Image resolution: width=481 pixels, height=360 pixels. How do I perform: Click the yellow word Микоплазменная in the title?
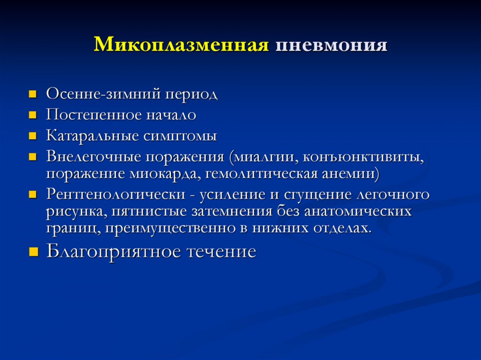coord(181,45)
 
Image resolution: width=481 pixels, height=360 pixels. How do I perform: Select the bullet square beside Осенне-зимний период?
coord(32,94)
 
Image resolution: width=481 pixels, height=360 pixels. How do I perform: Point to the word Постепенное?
coord(94,115)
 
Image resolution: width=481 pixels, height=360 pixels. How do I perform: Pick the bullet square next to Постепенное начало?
coord(32,115)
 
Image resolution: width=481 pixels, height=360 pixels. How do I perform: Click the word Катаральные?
coord(92,136)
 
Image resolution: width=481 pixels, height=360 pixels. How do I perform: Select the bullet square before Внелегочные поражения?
coord(32,157)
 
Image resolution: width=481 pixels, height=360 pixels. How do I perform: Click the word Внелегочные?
coord(94,157)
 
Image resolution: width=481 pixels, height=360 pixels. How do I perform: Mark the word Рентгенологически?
coord(116,194)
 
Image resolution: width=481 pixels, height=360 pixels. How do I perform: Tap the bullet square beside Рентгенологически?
coord(32,194)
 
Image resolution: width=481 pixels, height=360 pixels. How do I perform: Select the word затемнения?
coord(231,212)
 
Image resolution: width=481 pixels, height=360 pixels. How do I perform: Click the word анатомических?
coord(358,212)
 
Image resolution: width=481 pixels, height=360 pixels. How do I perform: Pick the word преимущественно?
coord(173,229)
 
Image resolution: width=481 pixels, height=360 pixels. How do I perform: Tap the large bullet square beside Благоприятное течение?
coord(33,252)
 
